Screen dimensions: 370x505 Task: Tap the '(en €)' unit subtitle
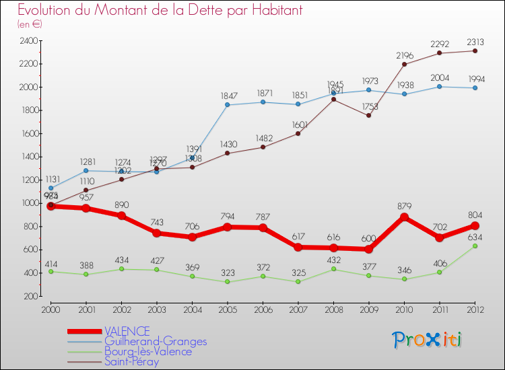[30, 24]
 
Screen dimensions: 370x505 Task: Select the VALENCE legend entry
[127, 331]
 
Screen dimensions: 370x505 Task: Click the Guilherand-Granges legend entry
[156, 341]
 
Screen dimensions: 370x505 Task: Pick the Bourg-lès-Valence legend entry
[148, 351]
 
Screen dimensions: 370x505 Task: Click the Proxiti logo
[427, 340]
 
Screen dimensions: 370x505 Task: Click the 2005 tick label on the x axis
[228, 309]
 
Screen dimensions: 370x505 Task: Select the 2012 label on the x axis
[475, 309]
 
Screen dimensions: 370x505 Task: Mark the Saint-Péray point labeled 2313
[475, 51]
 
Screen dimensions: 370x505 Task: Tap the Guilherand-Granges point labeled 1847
[228, 105]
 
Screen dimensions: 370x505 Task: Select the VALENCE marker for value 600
[369, 250]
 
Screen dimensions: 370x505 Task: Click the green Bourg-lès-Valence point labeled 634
[475, 246]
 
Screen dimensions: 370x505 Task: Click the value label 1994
[475, 77]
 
